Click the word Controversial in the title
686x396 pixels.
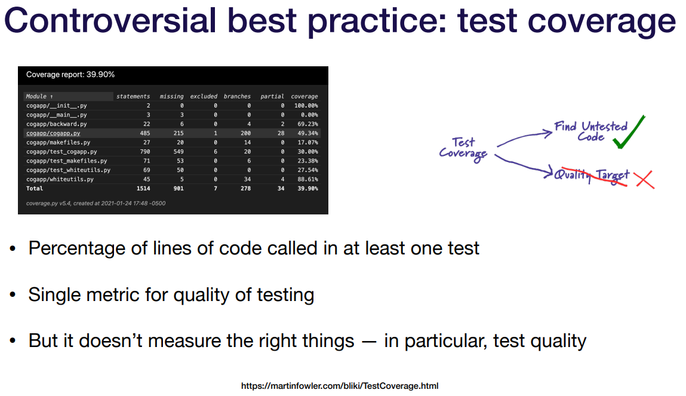pos(110,20)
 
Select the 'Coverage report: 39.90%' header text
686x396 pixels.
pos(70,75)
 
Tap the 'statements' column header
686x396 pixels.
pos(133,96)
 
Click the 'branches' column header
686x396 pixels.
pos(237,96)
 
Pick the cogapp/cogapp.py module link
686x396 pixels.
pos(53,133)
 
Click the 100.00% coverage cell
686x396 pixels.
pos(306,106)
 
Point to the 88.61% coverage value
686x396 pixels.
pos(308,179)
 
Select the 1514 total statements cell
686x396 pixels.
pos(143,188)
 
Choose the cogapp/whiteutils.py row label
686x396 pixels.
pos(60,179)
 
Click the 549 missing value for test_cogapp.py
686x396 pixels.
pos(179,151)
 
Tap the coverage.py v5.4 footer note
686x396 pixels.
pos(96,203)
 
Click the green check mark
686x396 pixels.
pos(629,132)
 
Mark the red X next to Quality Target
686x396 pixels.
pos(645,179)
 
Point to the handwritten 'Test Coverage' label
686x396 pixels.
pos(463,149)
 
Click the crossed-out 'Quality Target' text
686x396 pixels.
pos(592,176)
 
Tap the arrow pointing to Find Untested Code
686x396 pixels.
pos(524,137)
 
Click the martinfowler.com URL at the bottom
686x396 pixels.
pos(340,386)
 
